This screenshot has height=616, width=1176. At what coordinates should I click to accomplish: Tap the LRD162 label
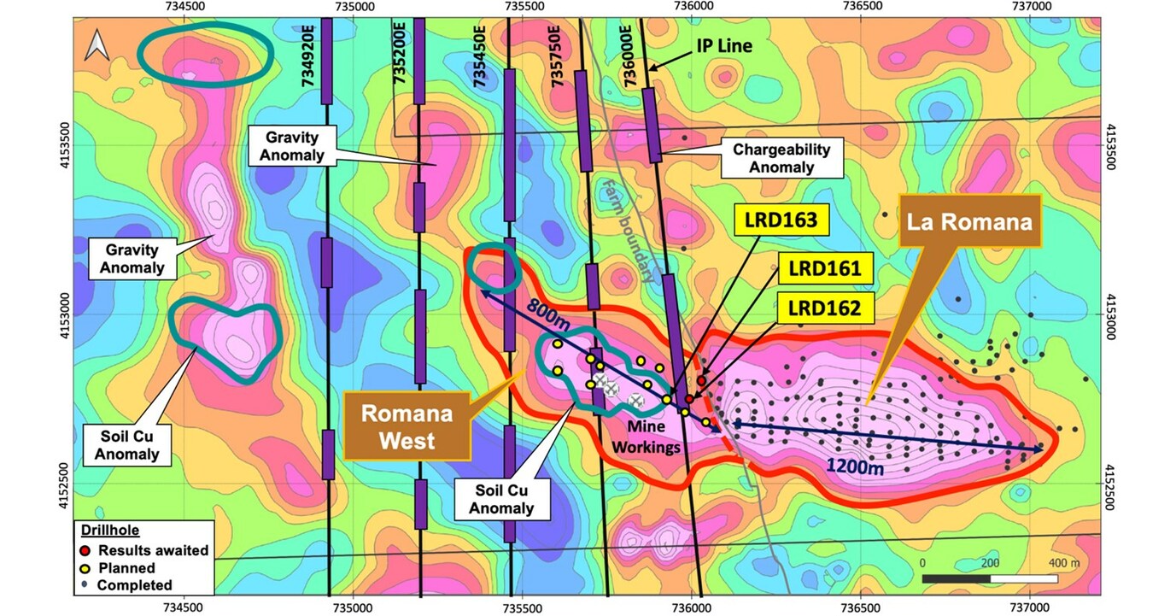pos(824,308)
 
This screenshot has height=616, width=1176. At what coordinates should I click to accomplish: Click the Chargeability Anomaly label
pos(781,158)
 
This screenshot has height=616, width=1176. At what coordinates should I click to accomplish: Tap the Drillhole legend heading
pos(106,531)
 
